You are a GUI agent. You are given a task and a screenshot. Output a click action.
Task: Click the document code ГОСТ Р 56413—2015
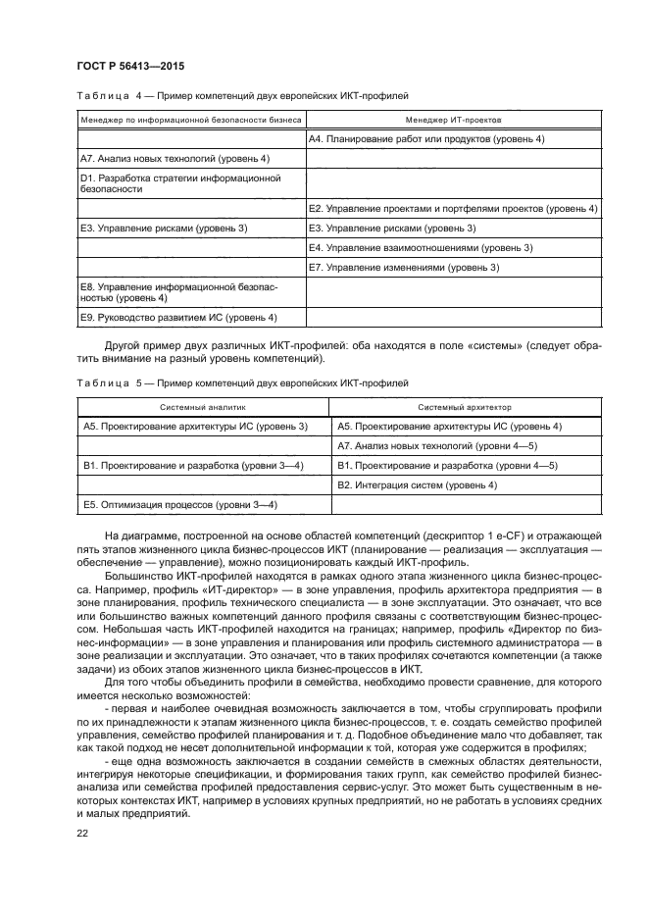pos(129,66)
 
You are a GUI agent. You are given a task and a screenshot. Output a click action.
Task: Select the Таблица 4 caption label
pos(110,96)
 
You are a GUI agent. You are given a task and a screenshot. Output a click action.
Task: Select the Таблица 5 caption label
pos(110,382)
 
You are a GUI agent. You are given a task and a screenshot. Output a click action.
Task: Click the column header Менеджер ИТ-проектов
pos(453,120)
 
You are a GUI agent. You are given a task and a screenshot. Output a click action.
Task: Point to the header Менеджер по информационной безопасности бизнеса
pos(190,120)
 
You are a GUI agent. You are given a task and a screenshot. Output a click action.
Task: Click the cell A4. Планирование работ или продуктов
pos(426,139)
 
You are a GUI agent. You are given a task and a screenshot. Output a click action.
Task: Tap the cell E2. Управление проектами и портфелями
pos(452,209)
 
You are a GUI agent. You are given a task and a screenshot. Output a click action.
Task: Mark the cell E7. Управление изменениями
pos(404,267)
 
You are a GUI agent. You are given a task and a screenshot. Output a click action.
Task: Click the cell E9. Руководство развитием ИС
pos(178,317)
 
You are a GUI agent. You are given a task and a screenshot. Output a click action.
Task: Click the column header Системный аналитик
pos(204,406)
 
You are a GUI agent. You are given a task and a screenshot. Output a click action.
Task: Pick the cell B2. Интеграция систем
pos(417,485)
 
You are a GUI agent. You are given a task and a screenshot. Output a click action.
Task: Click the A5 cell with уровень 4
pos(449,427)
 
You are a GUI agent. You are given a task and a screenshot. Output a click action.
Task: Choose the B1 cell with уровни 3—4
pos(193,465)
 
